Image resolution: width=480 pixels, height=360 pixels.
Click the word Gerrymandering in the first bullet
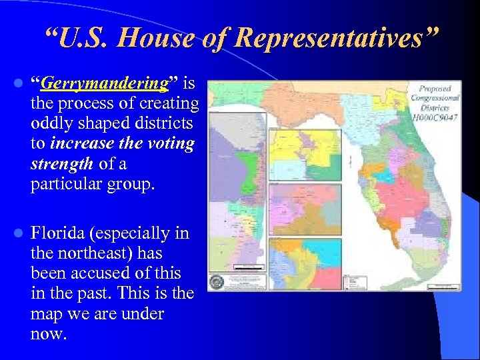point(103,84)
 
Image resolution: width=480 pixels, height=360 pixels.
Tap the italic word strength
point(61,164)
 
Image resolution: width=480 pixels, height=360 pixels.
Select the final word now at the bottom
point(49,333)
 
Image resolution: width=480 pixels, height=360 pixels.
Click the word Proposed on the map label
point(435,89)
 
